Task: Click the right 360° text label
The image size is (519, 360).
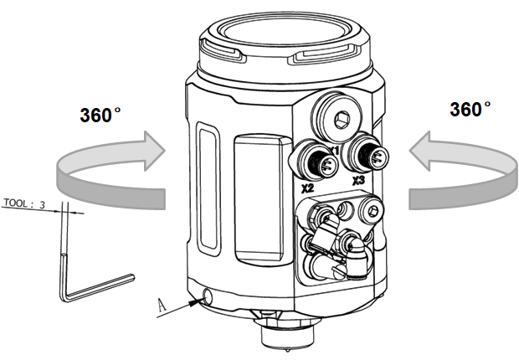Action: point(470,110)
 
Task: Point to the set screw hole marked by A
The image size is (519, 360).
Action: point(206,295)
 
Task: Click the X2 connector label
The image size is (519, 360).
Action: point(308,188)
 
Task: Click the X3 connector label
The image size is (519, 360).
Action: point(358,180)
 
